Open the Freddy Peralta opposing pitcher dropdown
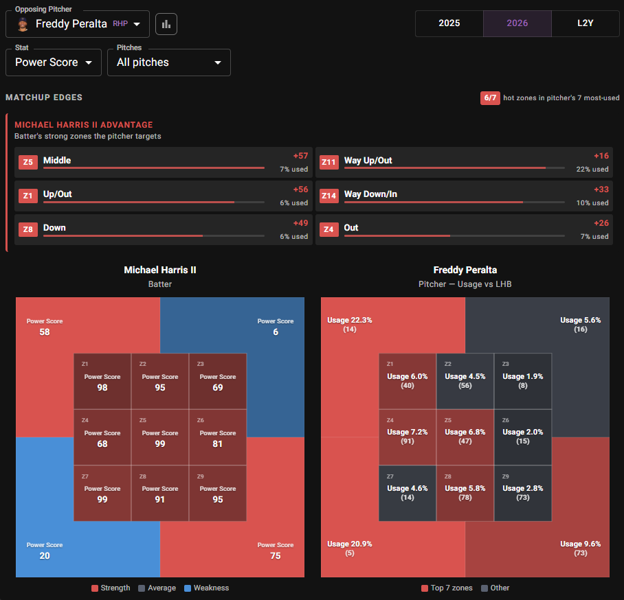[x=78, y=24]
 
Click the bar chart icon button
[x=166, y=24]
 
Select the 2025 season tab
[x=449, y=23]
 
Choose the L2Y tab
[x=586, y=23]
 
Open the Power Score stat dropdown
[x=54, y=62]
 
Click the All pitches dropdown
[x=169, y=62]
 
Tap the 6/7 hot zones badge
[x=490, y=97]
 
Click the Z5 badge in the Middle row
[x=28, y=162]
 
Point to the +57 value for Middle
[x=300, y=156]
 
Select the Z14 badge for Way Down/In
[x=328, y=196]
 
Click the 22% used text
[x=592, y=169]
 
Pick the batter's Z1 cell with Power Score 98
[x=102, y=381]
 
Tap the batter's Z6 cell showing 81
[x=218, y=437]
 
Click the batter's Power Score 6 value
[x=276, y=332]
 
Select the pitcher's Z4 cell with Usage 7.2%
[x=408, y=437]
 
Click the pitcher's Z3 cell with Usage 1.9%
[x=523, y=381]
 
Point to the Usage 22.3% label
[x=349, y=320]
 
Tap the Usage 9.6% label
[x=580, y=544]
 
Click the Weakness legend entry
[x=207, y=588]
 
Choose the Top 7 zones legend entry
[x=447, y=588]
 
